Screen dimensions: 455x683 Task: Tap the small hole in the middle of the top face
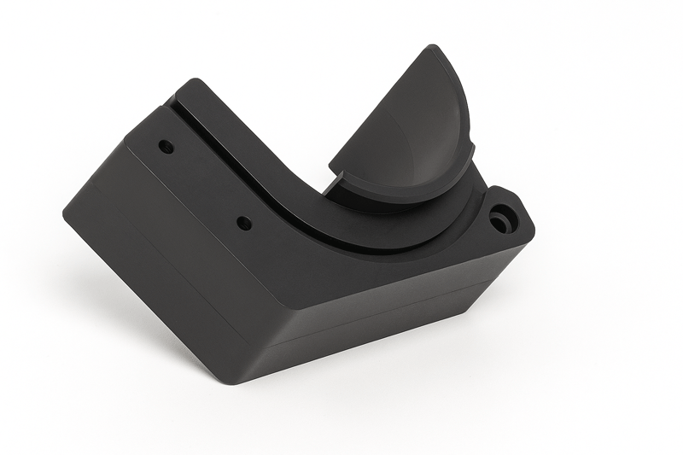244,224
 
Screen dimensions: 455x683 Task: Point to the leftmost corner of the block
65,209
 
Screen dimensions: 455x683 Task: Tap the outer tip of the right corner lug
531,229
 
